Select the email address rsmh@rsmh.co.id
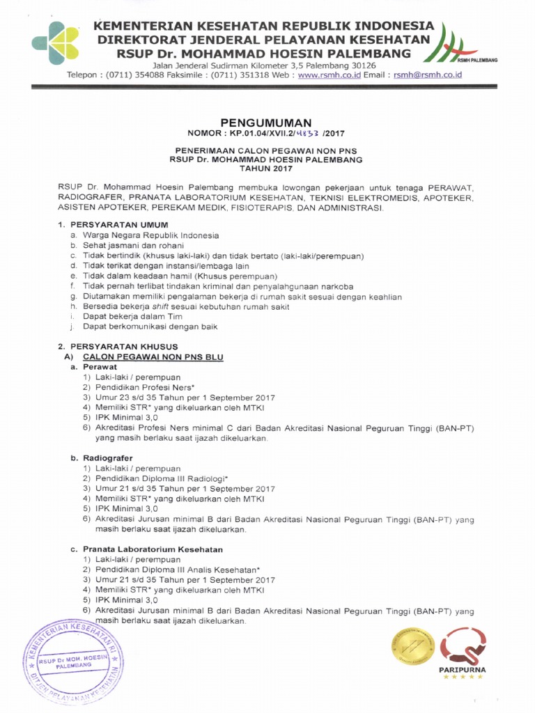point(428,75)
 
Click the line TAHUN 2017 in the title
point(266,169)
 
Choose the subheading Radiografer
point(107,458)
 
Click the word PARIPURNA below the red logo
point(463,669)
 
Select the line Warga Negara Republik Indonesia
point(151,235)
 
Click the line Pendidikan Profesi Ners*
point(142,387)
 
